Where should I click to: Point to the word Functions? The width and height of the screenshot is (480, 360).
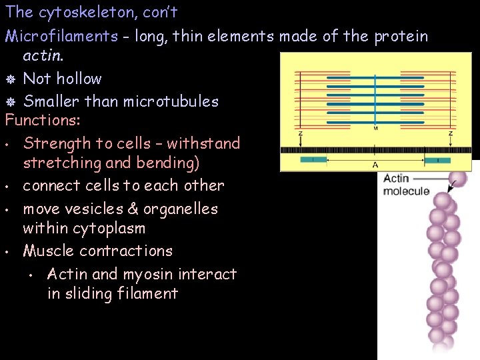tap(42, 121)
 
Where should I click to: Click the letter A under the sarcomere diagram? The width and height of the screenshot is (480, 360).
tap(375, 165)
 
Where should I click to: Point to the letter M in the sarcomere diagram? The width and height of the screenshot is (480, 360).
tap(375, 128)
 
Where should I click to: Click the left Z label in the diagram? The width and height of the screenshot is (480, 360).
tap(300, 133)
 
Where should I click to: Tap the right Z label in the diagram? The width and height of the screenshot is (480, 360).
tap(451, 133)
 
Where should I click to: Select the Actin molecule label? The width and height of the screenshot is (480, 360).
tap(406, 185)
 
